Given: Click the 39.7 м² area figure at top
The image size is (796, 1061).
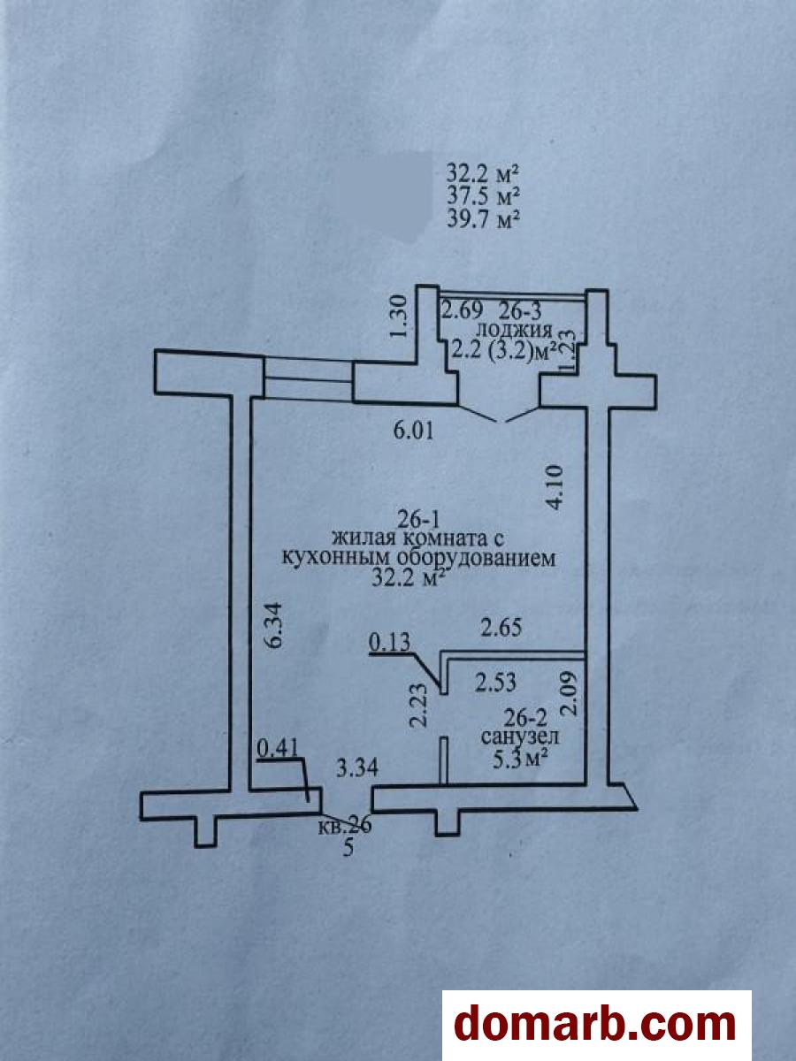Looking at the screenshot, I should point(482,218).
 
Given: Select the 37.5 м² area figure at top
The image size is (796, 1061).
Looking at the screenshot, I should point(482,195).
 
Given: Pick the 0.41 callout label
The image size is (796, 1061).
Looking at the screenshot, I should point(277,749).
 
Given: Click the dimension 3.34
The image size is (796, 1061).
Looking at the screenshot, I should point(358,767).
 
